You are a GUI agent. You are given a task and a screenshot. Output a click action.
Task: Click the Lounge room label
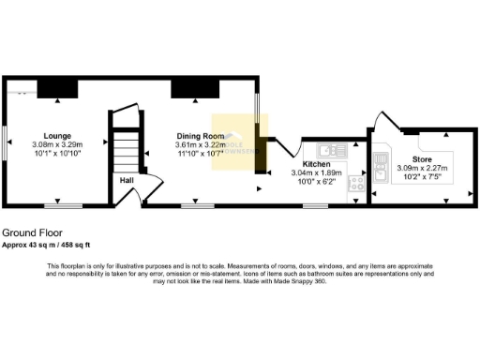point(57,136)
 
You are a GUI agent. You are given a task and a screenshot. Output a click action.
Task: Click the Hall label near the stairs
point(125,179)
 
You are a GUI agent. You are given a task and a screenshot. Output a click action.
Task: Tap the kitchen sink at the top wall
point(332,150)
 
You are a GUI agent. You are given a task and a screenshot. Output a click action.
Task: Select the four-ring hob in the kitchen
point(356,186)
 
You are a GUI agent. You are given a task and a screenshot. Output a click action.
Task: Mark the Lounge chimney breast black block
point(57,87)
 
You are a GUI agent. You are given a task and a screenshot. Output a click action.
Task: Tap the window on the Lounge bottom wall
point(64,204)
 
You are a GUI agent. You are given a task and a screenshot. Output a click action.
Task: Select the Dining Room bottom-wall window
point(196,204)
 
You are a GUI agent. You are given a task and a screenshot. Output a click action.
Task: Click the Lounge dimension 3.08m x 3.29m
point(57,144)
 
